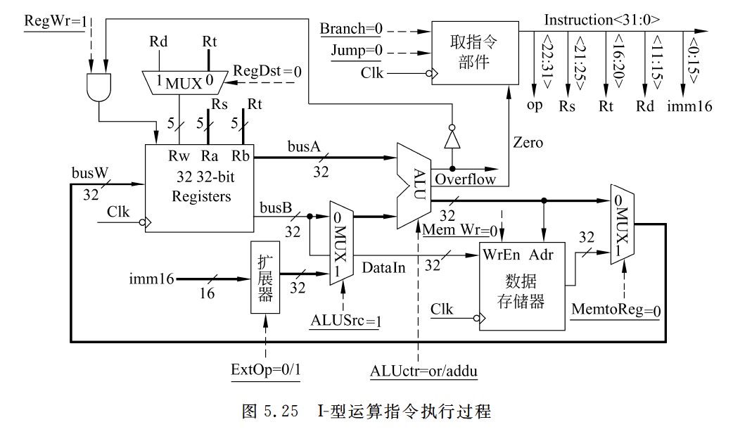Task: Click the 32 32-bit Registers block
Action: [x=200, y=187]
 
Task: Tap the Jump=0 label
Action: [x=355, y=51]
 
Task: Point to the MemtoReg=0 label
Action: [x=616, y=309]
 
